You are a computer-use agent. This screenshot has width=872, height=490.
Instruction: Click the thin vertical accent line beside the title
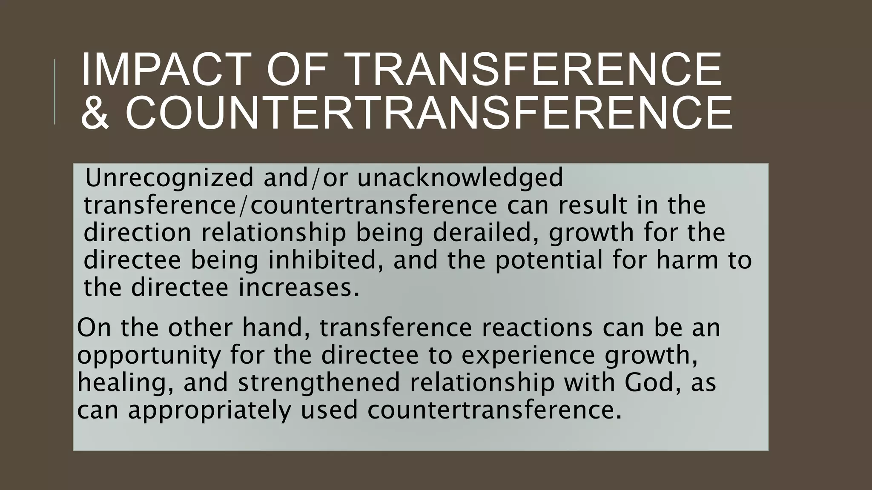tap(54, 92)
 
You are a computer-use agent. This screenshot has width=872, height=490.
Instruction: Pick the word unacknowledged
tap(460, 177)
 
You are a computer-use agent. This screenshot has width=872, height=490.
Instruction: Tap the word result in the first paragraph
tap(592, 205)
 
